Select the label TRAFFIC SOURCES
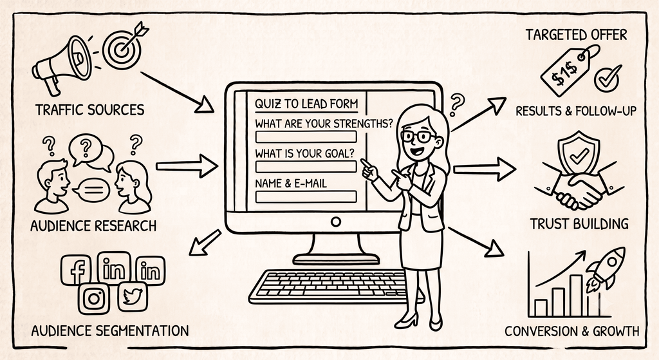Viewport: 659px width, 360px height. point(90,110)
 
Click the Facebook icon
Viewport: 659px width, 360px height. point(76,270)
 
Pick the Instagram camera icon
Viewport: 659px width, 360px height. point(94,298)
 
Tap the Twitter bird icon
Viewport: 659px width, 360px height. point(133,296)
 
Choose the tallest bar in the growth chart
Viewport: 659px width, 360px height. point(576,295)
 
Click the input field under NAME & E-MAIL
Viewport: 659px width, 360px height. point(306,196)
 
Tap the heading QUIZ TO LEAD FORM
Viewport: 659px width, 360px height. point(306,104)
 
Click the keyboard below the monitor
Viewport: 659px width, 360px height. point(332,287)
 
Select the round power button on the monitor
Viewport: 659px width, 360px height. point(336,222)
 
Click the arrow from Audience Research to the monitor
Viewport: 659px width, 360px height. point(187,166)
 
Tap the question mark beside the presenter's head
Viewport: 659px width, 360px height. point(457,105)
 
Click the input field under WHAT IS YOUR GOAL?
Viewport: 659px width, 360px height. point(306,167)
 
